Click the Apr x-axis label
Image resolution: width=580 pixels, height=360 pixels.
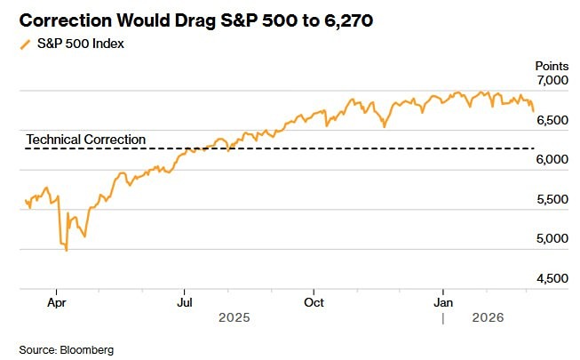(57, 302)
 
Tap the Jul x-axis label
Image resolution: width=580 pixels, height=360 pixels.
(185, 302)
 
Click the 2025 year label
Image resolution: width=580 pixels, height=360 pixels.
(234, 317)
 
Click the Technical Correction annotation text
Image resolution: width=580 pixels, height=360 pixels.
(85, 140)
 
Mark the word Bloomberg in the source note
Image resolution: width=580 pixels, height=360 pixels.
(87, 349)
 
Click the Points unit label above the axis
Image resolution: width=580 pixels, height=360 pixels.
(550, 65)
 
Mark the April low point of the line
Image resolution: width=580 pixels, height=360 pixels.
(67, 251)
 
